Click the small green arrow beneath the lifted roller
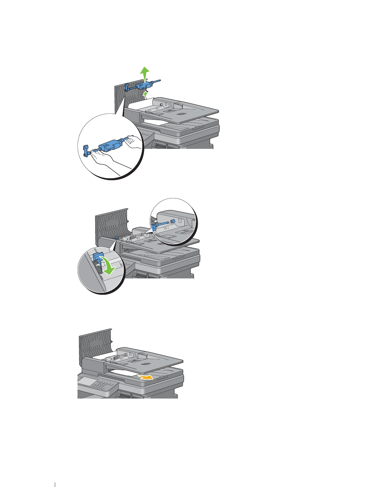(146, 95)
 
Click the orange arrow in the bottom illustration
(146, 377)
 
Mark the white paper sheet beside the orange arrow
(126, 374)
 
